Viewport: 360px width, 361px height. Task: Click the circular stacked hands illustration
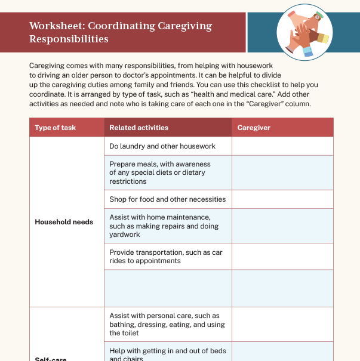(x=304, y=33)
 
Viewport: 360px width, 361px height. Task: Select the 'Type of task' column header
(x=56, y=128)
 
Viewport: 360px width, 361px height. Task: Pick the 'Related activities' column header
(x=139, y=128)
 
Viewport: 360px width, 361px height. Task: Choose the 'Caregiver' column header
(x=254, y=128)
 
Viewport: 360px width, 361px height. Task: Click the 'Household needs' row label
(x=64, y=222)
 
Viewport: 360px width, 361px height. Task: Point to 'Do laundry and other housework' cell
(x=162, y=146)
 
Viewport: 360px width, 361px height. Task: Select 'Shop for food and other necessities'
(x=167, y=199)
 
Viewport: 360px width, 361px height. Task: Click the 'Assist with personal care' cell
(x=167, y=324)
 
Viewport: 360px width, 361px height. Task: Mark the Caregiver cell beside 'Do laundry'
(x=282, y=146)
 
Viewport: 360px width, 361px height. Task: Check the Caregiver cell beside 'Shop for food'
(x=282, y=199)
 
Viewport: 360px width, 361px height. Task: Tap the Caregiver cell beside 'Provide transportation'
(x=282, y=257)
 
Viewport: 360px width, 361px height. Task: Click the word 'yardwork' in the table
(x=125, y=235)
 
